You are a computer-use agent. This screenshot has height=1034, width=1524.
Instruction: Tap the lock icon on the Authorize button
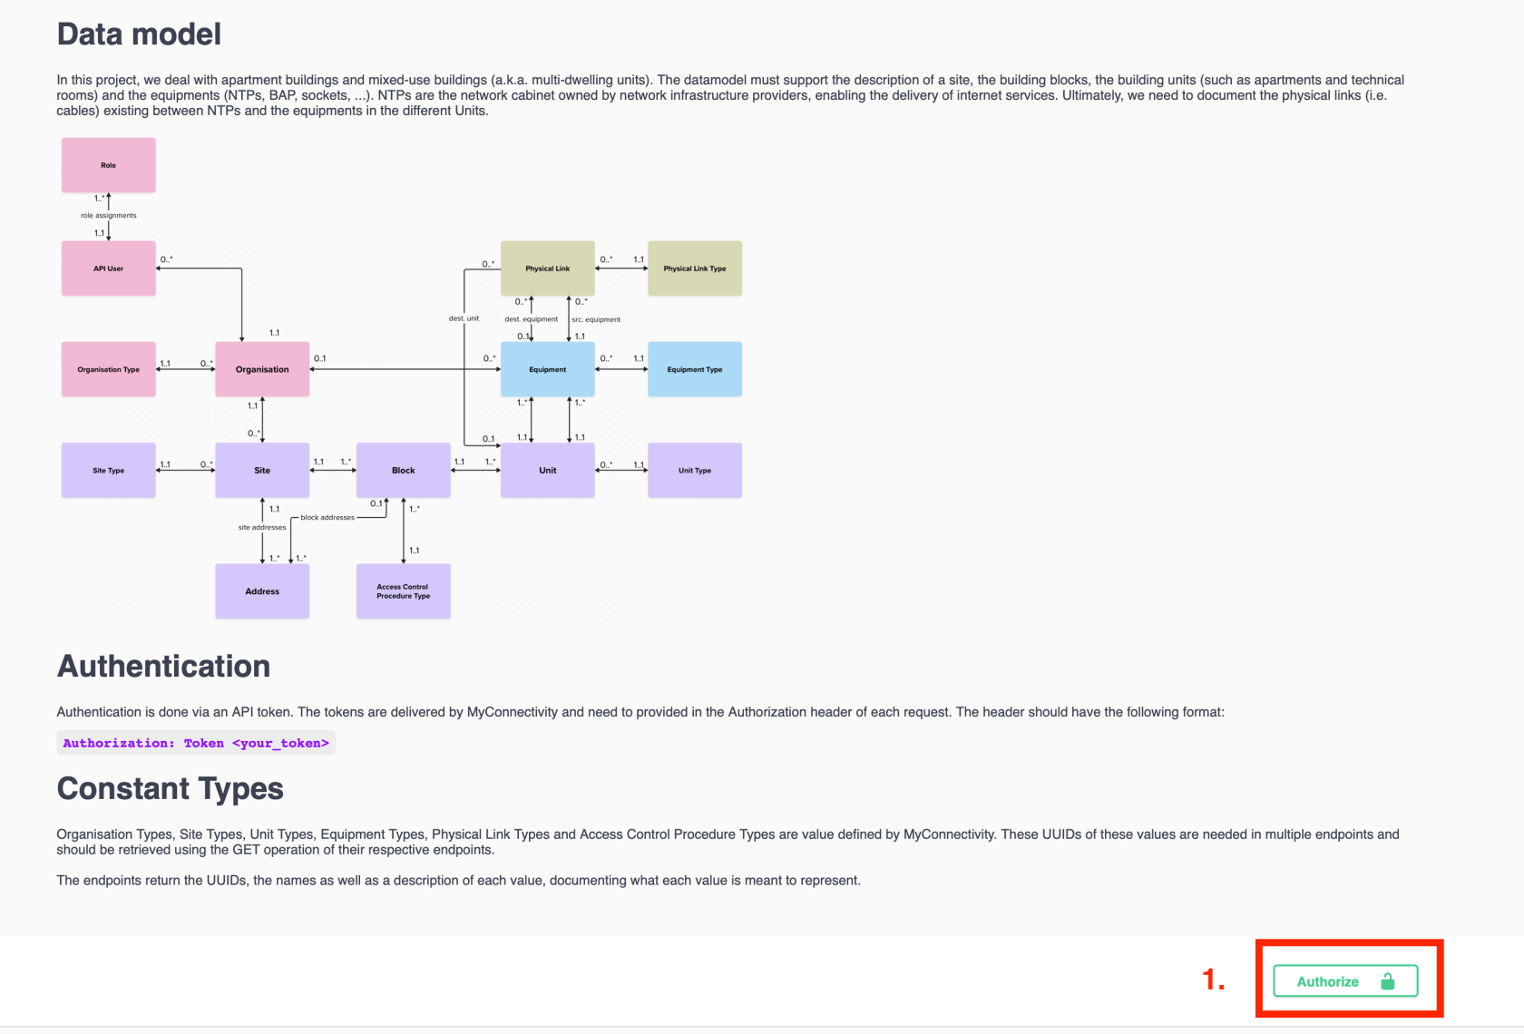[1387, 981]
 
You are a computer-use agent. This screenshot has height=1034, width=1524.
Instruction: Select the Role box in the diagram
[109, 165]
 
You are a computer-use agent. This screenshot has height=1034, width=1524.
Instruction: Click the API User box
[109, 268]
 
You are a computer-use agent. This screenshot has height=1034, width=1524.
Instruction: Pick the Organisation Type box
[109, 369]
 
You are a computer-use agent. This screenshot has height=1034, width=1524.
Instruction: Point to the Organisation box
[262, 369]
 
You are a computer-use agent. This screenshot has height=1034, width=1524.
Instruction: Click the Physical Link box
[548, 268]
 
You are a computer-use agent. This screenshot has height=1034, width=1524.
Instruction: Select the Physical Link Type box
[695, 268]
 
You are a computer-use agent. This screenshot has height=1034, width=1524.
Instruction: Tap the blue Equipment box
[548, 369]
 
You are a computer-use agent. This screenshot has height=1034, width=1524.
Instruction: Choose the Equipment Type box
[695, 369]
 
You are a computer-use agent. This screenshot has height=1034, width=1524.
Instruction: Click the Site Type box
[109, 470]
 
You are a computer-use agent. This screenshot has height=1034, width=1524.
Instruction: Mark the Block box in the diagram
[404, 470]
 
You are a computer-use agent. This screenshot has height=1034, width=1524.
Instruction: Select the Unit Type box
[695, 470]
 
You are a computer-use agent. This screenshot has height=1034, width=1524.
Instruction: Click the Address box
[262, 591]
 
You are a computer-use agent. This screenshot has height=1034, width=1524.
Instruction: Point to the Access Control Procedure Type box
[404, 591]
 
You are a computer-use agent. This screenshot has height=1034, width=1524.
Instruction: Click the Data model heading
[139, 34]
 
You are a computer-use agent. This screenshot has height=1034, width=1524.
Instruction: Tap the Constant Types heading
[171, 789]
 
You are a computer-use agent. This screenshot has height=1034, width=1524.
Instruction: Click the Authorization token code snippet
[196, 743]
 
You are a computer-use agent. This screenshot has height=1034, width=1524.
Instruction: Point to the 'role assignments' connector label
[109, 216]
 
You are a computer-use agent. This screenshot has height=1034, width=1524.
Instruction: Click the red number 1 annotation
[1213, 980]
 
